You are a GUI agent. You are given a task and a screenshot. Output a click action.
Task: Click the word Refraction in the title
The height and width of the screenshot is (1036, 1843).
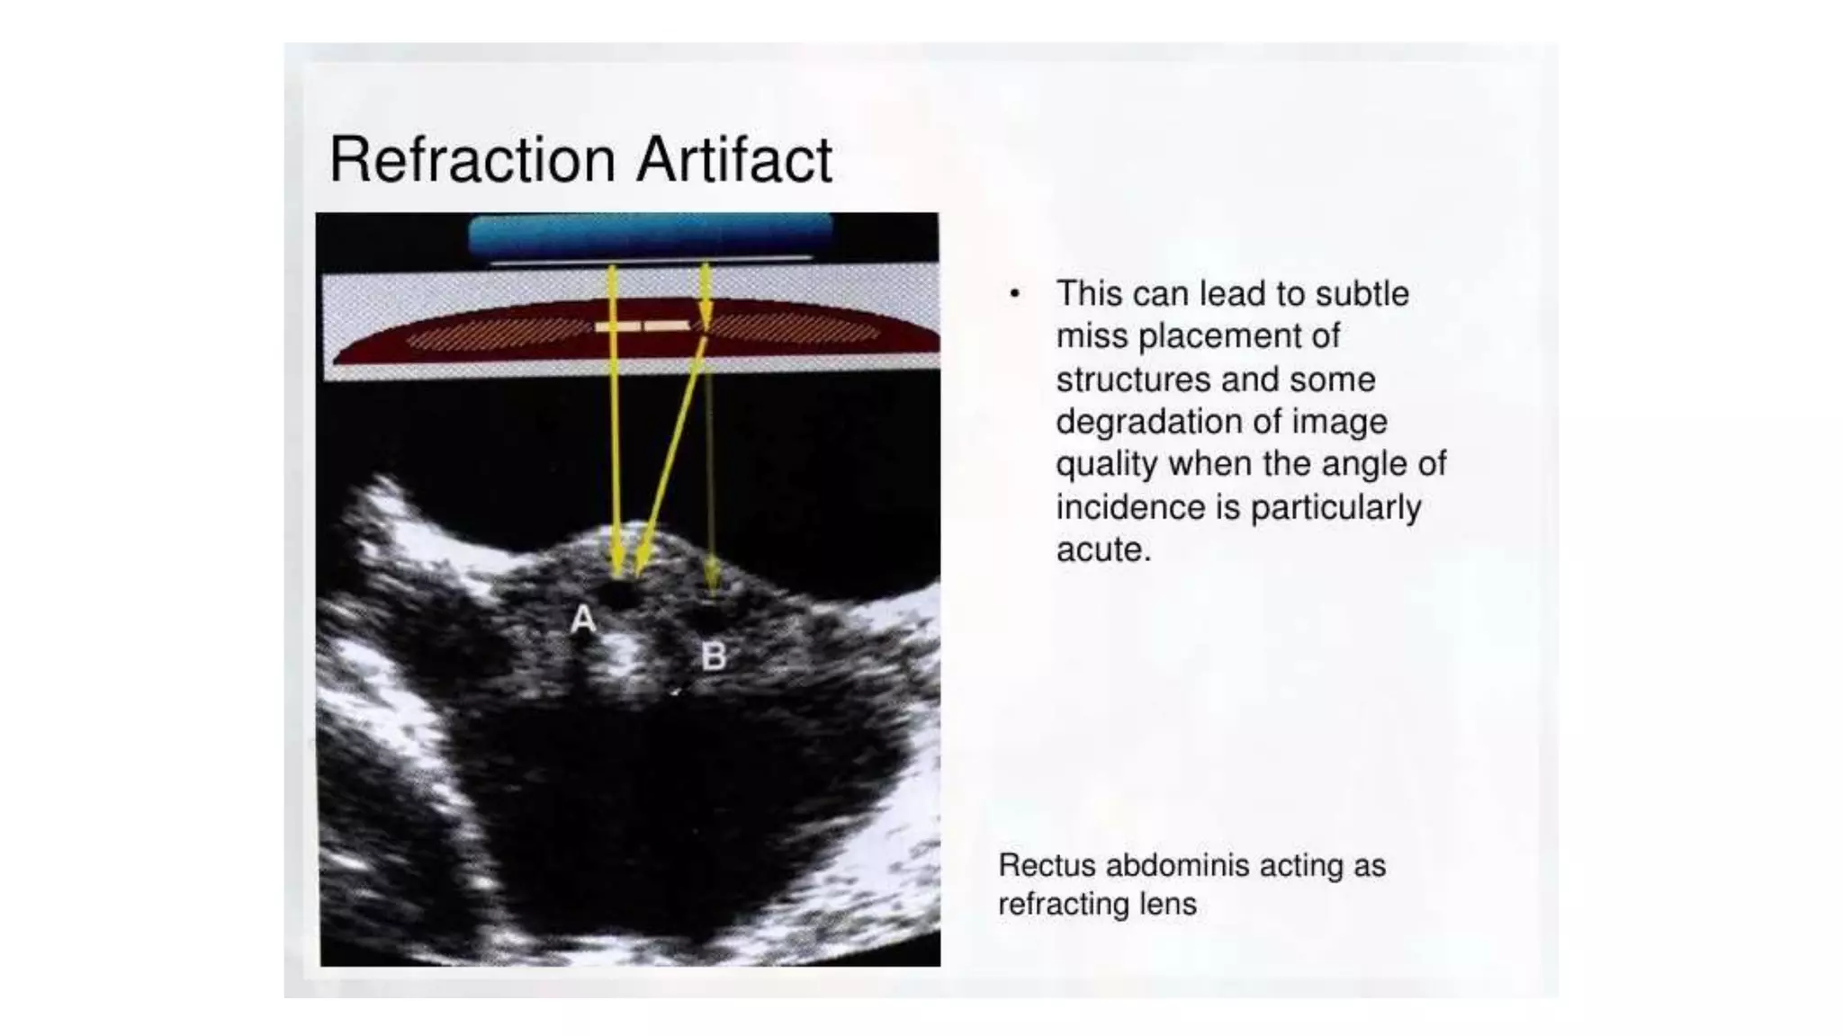pos(472,160)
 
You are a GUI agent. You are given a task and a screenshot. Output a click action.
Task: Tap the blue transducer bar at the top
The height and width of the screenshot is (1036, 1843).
pos(650,236)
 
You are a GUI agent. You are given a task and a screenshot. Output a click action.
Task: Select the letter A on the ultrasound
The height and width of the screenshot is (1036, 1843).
pos(583,620)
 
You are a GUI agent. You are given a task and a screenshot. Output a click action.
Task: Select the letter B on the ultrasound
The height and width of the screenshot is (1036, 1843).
pos(714,656)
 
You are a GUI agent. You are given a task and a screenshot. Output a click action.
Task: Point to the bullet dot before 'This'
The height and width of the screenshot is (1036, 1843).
pos(1015,294)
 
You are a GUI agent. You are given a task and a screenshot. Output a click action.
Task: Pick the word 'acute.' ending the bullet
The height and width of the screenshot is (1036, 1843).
pos(1103,549)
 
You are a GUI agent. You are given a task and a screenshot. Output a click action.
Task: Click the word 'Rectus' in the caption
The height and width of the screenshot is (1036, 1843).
pos(1047,865)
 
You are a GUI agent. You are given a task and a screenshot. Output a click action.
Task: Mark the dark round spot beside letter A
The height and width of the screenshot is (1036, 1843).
pos(620,594)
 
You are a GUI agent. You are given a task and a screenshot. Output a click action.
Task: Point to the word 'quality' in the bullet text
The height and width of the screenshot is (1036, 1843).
pos(1107,465)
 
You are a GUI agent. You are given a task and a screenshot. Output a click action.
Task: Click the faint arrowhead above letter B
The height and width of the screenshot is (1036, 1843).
pos(712,576)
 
